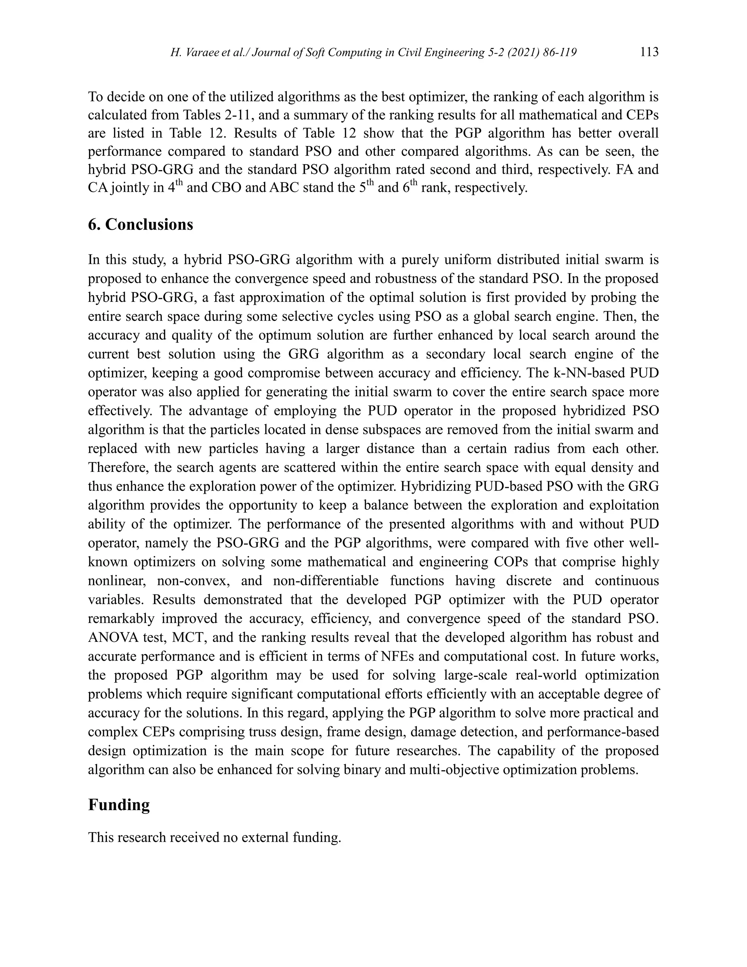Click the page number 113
click(649, 52)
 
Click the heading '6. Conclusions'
click(140, 224)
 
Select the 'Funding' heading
click(119, 805)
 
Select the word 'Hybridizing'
click(436, 486)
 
